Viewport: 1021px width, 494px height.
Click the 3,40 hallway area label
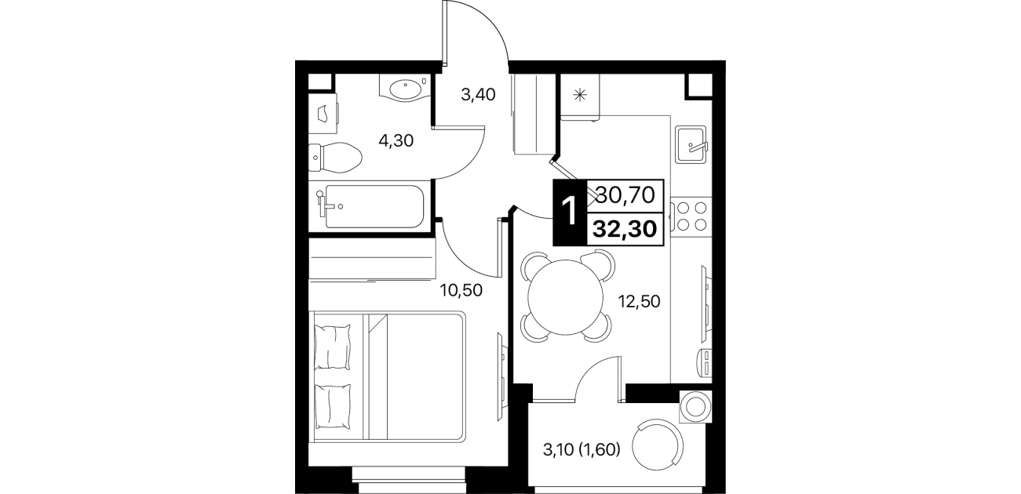[x=478, y=95]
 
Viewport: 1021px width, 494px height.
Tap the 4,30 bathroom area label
[x=396, y=140]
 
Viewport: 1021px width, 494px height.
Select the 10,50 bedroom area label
[x=461, y=290]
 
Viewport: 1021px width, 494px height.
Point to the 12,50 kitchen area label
[x=639, y=301]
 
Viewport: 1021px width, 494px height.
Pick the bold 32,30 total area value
[x=625, y=230]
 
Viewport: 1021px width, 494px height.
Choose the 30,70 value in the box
[x=625, y=195]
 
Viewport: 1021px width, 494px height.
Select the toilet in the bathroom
[x=335, y=158]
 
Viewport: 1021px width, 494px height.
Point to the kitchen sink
[x=691, y=144]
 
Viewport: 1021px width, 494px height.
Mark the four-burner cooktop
[x=691, y=216]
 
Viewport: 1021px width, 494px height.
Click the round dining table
[x=565, y=297]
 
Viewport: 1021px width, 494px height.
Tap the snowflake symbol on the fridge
[x=580, y=95]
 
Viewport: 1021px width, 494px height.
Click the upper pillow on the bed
[x=333, y=347]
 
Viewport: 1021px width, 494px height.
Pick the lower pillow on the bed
[x=333, y=407]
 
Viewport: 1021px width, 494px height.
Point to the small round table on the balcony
[x=695, y=406]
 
